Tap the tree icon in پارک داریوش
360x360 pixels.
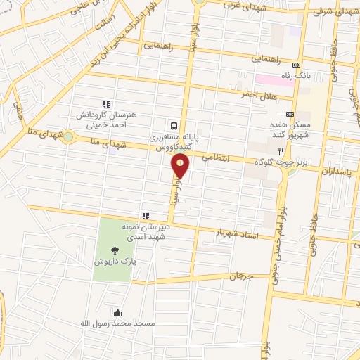[114, 248]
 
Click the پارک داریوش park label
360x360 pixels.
[114, 261]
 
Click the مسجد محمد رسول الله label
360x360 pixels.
[117, 324]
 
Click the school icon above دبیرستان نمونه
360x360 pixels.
[146, 216]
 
